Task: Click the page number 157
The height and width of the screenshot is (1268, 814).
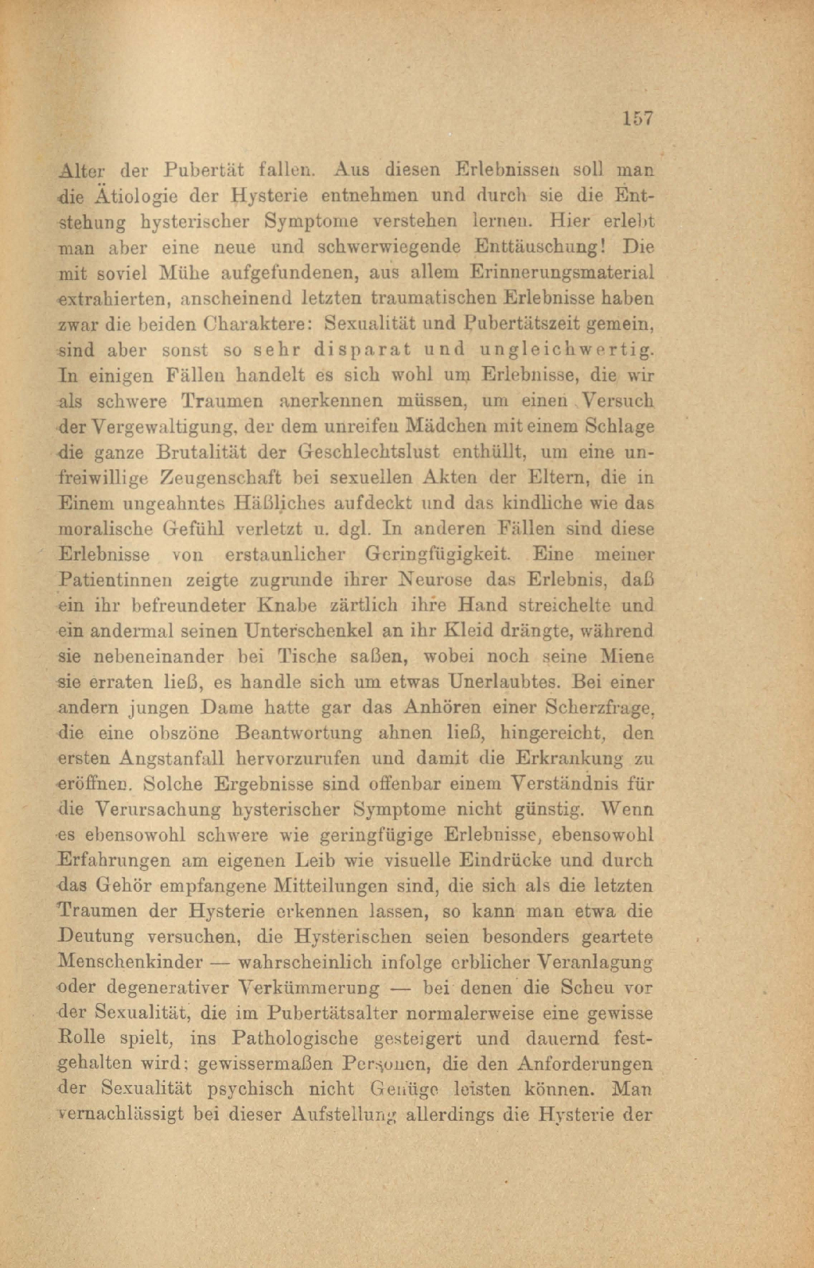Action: click(x=637, y=119)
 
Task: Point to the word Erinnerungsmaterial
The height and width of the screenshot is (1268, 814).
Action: click(x=563, y=272)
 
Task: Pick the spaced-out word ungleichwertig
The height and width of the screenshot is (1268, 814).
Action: click(x=567, y=349)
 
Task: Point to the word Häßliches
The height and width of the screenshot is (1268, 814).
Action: click(x=279, y=503)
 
